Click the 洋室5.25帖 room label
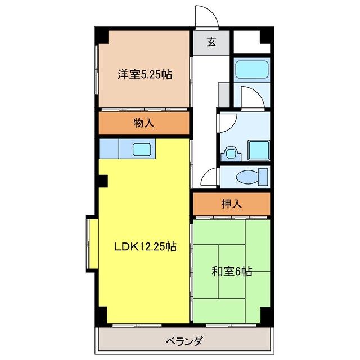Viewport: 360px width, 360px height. [x=145, y=74]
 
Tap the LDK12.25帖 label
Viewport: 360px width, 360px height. [x=146, y=246]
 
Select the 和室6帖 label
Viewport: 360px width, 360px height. [x=231, y=272]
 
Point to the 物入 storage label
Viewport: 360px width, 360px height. [x=144, y=123]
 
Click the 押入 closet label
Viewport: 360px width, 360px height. [x=231, y=204]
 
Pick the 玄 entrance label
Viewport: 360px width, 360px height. [x=211, y=42]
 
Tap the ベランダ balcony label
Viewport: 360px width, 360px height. [x=184, y=341]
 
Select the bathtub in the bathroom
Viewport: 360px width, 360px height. [x=251, y=70]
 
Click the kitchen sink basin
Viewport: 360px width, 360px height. [x=141, y=149]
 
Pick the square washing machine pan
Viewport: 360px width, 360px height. [x=259, y=150]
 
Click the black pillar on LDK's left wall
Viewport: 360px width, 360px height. [x=103, y=182]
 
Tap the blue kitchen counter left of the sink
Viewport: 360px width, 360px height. [x=110, y=149]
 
